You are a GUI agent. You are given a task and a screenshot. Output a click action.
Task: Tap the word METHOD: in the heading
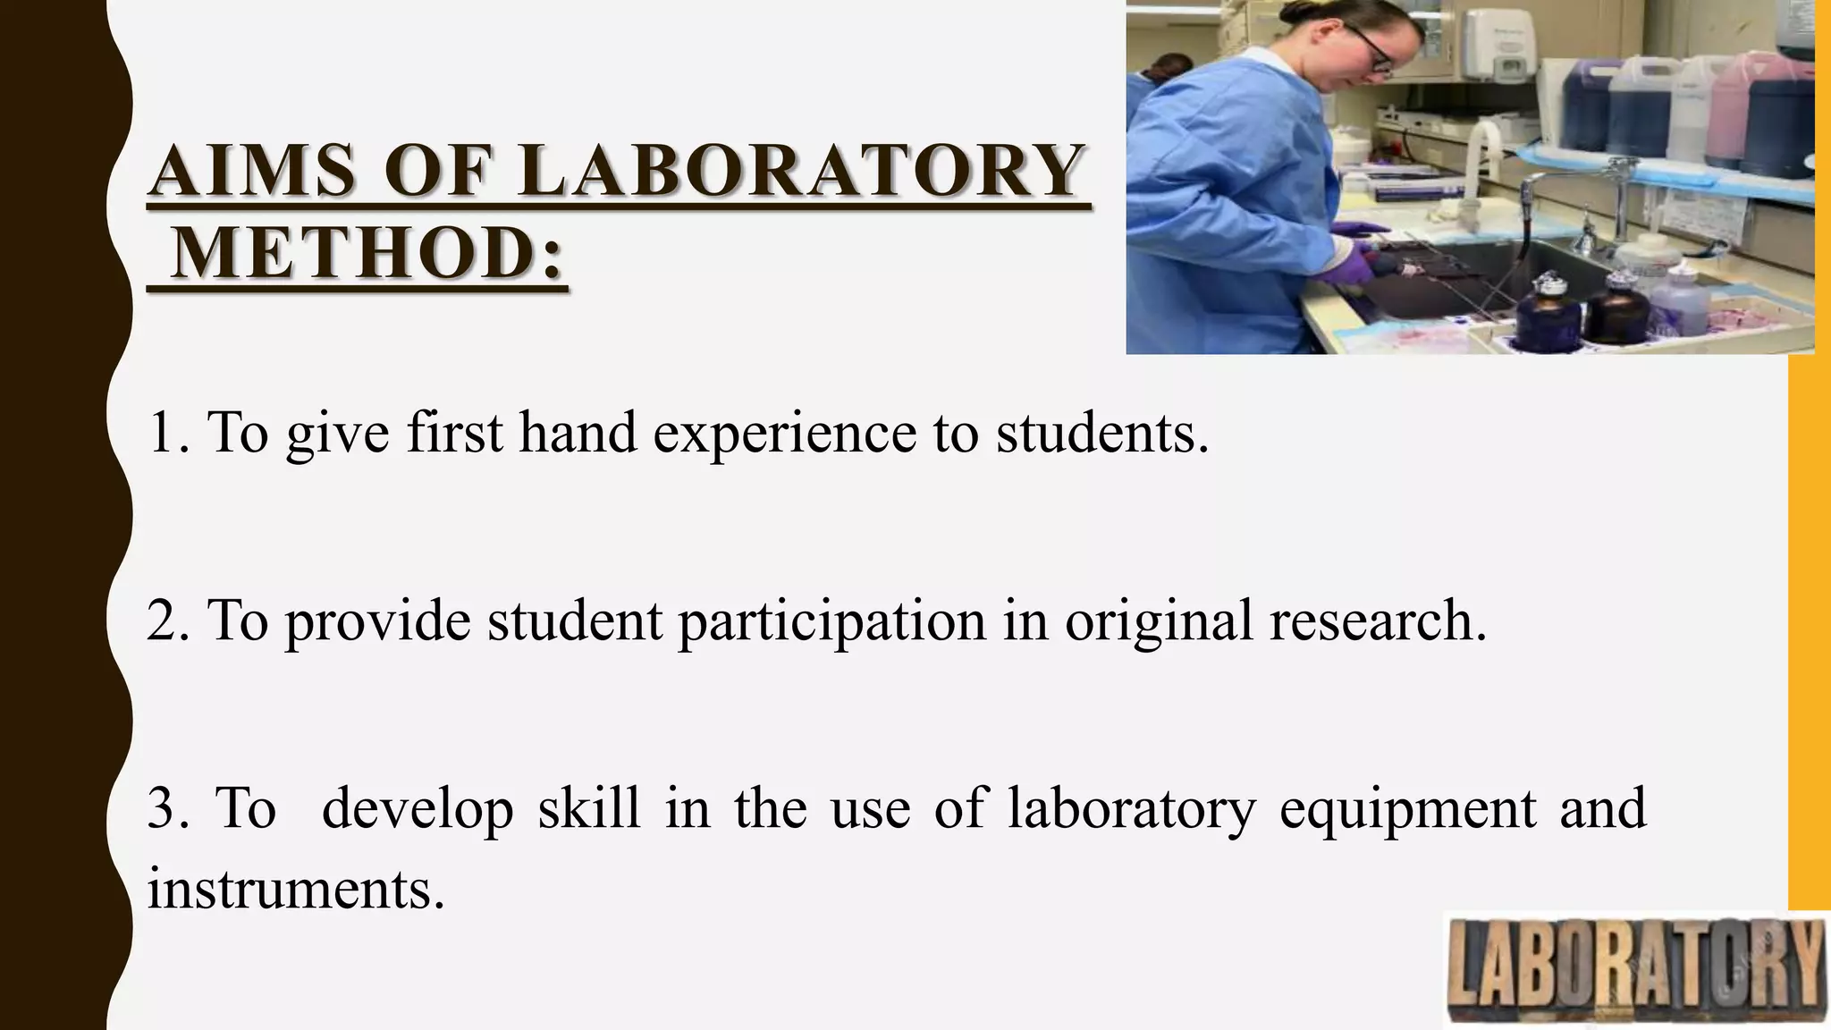click(x=367, y=254)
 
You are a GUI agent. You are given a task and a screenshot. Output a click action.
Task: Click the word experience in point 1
click(x=784, y=433)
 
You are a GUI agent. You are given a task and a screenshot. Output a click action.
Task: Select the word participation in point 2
click(x=831, y=621)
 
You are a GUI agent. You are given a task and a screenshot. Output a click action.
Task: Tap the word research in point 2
click(x=1371, y=621)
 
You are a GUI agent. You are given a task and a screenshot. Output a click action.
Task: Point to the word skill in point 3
click(x=588, y=807)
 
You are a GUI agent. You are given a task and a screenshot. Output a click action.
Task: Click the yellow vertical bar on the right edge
click(x=1808, y=626)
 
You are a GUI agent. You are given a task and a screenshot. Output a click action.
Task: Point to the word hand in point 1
click(x=578, y=433)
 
